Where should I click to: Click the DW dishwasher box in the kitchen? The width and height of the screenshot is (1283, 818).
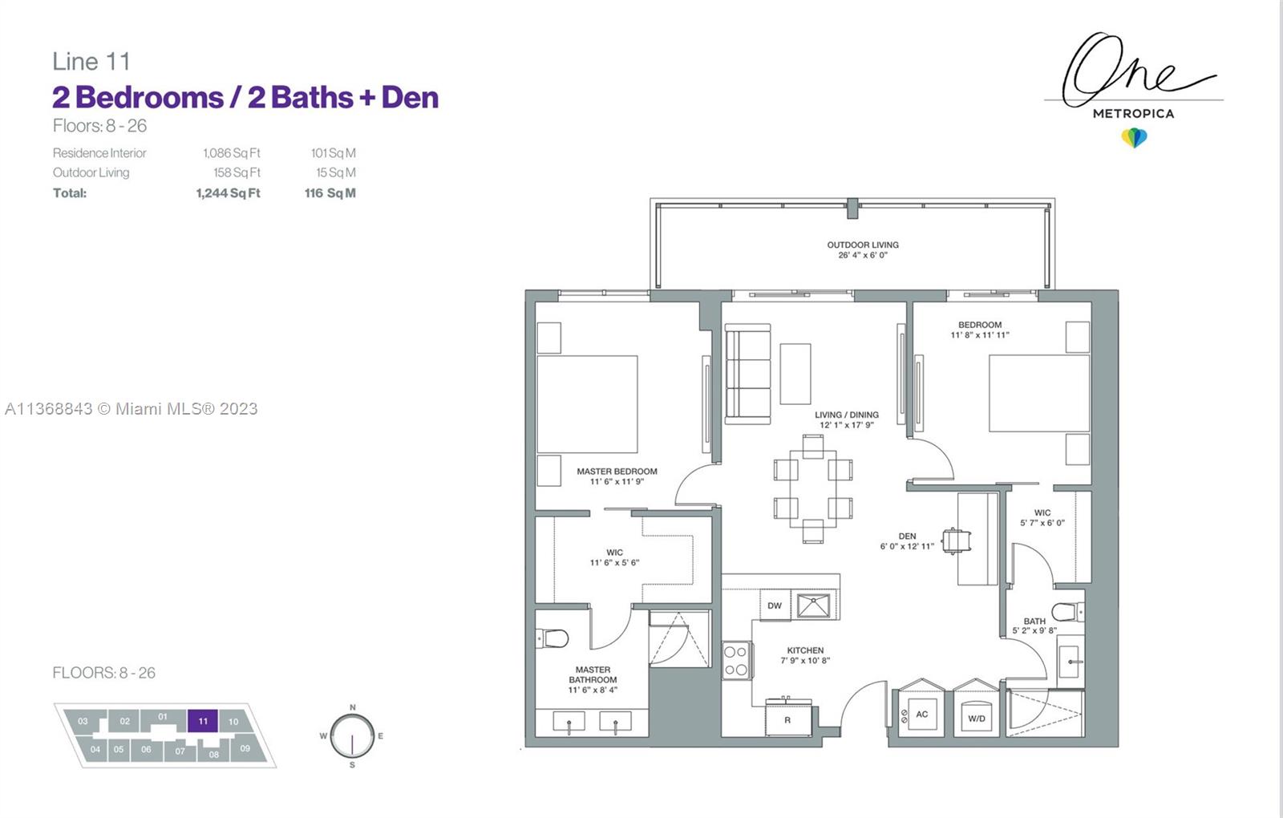[775, 605]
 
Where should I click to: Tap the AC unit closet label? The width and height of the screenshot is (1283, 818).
[921, 715]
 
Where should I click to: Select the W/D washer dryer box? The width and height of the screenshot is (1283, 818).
[977, 718]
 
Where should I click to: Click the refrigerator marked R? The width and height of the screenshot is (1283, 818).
[788, 719]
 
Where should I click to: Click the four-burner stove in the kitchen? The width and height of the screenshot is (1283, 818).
[736, 661]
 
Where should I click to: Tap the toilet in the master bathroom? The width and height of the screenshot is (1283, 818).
[552, 638]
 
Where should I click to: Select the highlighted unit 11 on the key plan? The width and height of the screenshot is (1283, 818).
[203, 721]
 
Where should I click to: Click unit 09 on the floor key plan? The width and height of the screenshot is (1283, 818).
[245, 748]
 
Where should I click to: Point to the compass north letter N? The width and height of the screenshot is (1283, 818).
[353, 707]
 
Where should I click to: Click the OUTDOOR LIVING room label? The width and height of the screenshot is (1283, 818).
[863, 245]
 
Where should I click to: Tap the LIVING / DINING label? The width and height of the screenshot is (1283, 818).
[847, 415]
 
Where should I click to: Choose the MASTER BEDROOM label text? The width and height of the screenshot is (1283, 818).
[617, 472]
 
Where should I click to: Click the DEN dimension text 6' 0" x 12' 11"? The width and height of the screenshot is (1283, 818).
[907, 546]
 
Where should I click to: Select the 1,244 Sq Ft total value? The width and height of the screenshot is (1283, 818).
[228, 193]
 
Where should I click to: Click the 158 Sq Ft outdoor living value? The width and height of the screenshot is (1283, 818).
[237, 172]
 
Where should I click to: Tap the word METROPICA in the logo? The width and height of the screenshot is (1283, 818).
[1134, 114]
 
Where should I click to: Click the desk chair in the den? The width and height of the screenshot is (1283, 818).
[956, 541]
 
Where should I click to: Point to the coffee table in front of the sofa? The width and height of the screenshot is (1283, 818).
[795, 374]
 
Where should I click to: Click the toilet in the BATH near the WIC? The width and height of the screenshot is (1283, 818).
[1068, 612]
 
